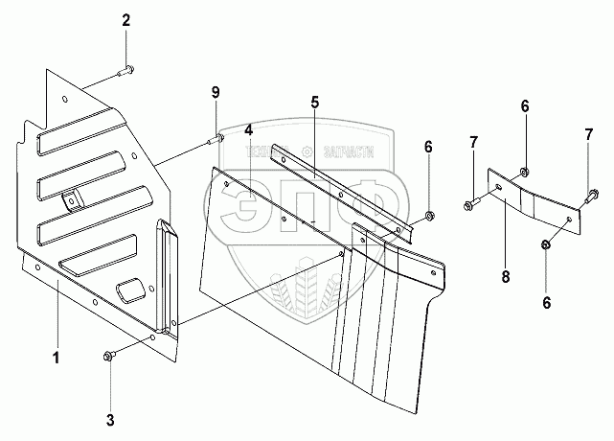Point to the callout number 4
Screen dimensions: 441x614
tap(248, 129)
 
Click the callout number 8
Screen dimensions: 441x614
tap(505, 278)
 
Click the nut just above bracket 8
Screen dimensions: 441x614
tap(526, 174)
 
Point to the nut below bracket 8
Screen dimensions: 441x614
tap(545, 244)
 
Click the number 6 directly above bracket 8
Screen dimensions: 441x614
tap(525, 105)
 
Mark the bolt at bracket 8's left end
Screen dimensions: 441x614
tap(471, 203)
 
